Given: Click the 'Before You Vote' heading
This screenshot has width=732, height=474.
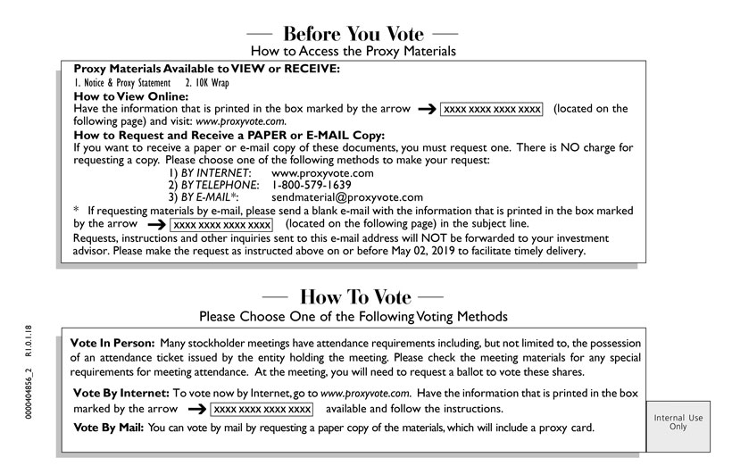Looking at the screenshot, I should (354, 34).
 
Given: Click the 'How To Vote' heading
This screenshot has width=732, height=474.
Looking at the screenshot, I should (355, 297).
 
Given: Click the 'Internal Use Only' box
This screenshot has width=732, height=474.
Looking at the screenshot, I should (678, 422).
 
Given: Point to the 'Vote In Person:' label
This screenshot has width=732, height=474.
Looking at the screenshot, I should (112, 344).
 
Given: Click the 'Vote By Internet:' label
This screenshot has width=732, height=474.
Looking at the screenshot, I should (120, 393).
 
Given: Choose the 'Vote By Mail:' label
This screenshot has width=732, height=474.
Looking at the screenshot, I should (107, 428).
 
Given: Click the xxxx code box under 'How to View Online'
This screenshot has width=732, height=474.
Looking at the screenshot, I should (493, 109).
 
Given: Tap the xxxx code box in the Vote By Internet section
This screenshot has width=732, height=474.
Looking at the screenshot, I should (262, 409).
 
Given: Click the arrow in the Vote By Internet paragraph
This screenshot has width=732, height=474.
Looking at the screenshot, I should (197, 409).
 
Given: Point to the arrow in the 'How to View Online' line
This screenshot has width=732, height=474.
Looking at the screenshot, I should (426, 109).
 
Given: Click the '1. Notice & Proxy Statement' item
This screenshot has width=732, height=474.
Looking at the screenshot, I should (121, 83).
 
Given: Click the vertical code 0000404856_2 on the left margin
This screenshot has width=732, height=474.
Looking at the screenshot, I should (30, 387).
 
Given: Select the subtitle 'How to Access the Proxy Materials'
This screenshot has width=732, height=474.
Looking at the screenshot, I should (354, 52).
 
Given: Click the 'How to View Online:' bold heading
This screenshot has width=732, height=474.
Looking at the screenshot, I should (130, 96).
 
